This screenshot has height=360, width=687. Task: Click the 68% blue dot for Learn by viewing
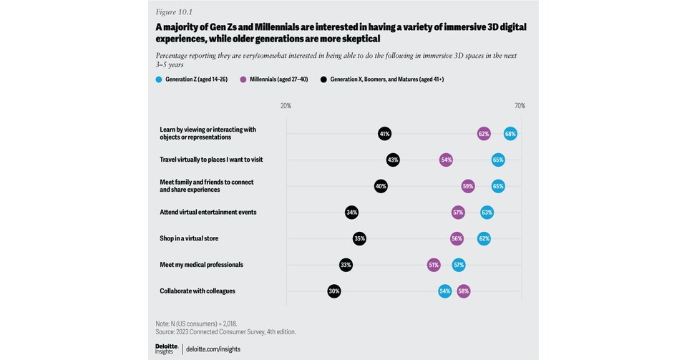point(510,134)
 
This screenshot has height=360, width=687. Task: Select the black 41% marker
point(385,134)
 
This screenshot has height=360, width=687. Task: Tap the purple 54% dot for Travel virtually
point(447,160)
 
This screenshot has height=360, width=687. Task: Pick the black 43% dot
point(393,160)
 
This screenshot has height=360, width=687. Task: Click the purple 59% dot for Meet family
point(468,186)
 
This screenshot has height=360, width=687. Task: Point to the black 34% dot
point(351,213)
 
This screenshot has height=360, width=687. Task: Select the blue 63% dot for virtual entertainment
point(487,213)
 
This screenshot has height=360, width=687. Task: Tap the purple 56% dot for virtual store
point(457,238)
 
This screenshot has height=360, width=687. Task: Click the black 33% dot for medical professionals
point(346,265)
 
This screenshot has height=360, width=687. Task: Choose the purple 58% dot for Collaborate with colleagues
point(464,291)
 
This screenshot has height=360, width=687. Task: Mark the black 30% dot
point(334,291)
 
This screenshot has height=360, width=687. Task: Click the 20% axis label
point(286,106)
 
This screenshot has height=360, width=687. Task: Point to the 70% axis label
point(520,106)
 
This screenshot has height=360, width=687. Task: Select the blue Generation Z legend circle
point(159,79)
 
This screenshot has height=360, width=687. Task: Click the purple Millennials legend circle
point(243,79)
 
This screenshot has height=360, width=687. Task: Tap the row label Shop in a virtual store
point(189,238)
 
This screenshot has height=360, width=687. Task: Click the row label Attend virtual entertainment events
point(208,213)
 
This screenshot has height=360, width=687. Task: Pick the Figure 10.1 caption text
point(174,12)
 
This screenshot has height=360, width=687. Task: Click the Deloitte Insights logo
point(166,349)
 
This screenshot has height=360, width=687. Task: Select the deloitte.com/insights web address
point(213,349)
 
